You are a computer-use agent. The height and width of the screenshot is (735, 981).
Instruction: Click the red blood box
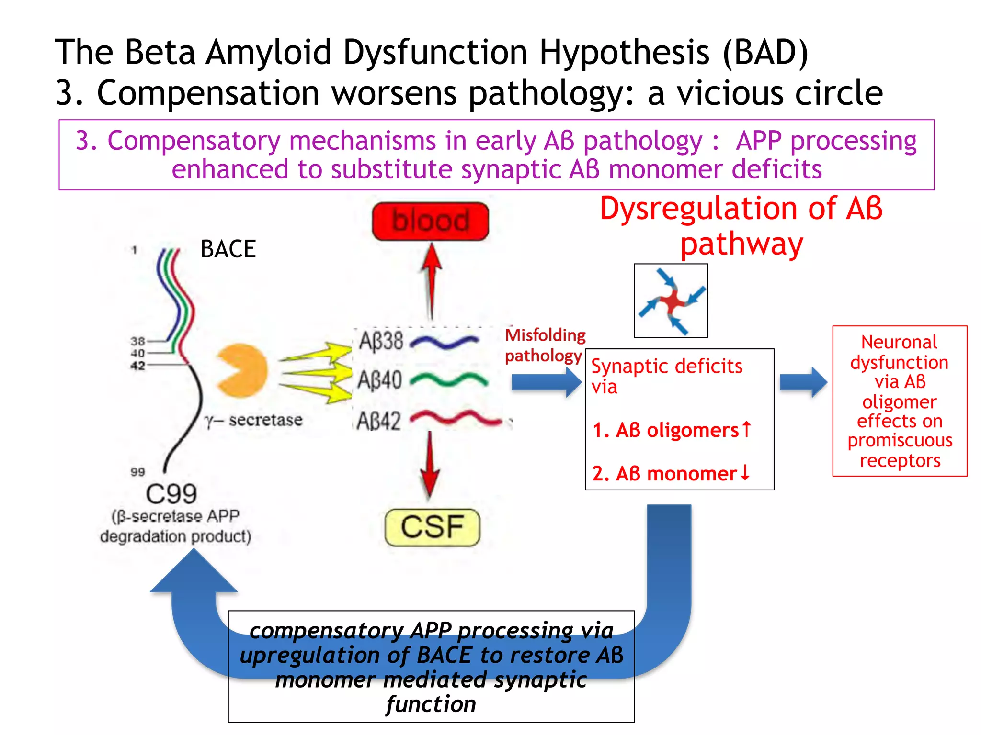click(x=430, y=221)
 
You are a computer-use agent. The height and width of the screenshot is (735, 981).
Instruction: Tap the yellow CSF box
click(x=432, y=527)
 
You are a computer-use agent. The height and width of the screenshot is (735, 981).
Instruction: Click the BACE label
click(x=228, y=249)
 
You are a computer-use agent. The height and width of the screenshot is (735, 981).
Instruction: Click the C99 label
click(x=171, y=494)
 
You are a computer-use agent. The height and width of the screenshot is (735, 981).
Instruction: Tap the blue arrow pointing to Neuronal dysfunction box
click(x=803, y=382)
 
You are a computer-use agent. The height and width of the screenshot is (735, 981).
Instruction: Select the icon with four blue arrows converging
click(x=671, y=301)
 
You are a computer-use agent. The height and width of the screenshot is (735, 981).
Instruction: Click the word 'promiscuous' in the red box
click(x=900, y=440)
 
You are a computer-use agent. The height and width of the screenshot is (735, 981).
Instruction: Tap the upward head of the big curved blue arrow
click(x=194, y=572)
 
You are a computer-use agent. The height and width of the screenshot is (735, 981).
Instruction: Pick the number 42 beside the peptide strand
click(x=137, y=366)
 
